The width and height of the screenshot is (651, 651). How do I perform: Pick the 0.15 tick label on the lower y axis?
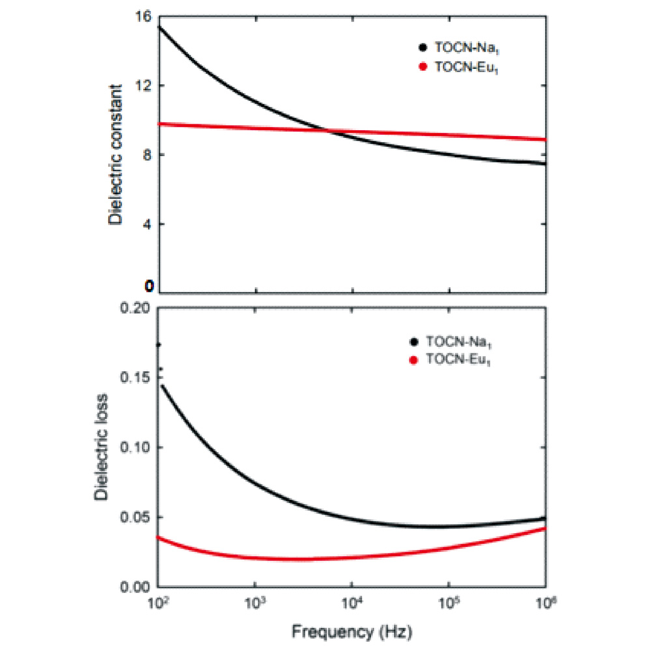point(136,378)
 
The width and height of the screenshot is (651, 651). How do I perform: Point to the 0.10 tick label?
point(136,447)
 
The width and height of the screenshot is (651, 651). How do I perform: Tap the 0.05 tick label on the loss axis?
point(136,517)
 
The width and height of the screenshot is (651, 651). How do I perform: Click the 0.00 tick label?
point(136,587)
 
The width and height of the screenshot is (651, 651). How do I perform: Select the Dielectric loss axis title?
point(102,447)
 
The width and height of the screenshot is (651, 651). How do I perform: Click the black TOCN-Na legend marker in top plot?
point(422,47)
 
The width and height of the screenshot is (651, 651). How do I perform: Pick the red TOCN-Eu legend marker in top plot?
point(422,66)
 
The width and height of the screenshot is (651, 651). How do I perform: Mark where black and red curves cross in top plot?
point(327,131)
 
